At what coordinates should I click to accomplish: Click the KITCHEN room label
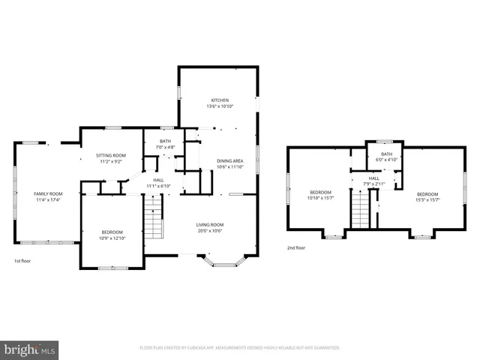click(219, 100)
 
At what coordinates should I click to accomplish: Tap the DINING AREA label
click(229, 161)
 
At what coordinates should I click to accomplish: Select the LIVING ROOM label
click(210, 224)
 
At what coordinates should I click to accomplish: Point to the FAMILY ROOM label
click(46, 193)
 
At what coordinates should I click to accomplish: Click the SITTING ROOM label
click(111, 155)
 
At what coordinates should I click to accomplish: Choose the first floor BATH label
click(165, 141)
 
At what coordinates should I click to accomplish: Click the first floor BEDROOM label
click(112, 232)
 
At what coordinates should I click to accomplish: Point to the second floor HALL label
click(373, 178)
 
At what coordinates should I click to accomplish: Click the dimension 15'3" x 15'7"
click(427, 199)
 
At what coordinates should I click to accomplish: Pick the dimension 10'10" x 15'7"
click(320, 199)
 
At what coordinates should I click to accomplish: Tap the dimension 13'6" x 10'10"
click(219, 106)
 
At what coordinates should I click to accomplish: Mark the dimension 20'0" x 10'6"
click(210, 230)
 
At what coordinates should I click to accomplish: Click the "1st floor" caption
click(22, 261)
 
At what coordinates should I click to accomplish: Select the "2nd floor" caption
click(295, 247)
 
